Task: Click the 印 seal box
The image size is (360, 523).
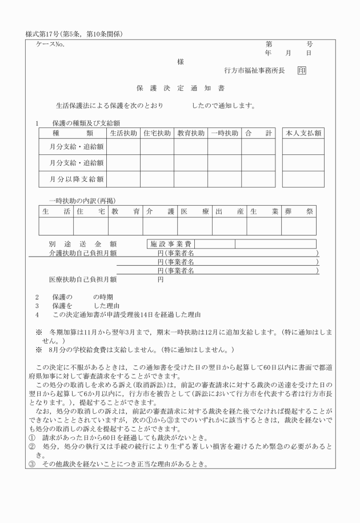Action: tap(301, 71)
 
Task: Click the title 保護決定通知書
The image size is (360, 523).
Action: tap(180, 89)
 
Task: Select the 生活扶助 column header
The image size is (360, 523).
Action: tap(123, 133)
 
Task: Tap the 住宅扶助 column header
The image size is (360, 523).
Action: tap(157, 133)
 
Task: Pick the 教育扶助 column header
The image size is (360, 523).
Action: tap(191, 133)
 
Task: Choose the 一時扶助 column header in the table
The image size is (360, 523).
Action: tap(225, 133)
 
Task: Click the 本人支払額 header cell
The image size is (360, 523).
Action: tap(303, 133)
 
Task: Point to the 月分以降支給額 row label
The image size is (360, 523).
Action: tap(75, 179)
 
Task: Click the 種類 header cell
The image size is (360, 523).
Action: tap(73, 133)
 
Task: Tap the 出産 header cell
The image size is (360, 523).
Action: tap(229, 211)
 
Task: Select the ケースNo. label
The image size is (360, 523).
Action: tap(50, 44)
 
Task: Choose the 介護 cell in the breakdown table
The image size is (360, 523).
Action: tap(160, 211)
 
